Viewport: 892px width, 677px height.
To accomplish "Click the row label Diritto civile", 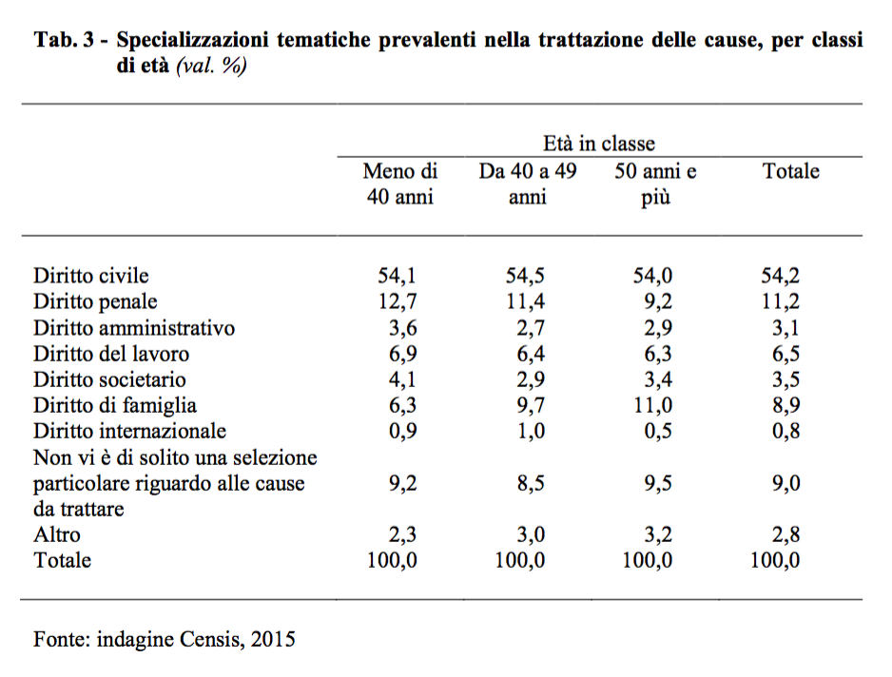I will coord(91,277).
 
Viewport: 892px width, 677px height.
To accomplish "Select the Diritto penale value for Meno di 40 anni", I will coord(398,302).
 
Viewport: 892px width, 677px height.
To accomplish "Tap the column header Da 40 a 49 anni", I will coord(527,184).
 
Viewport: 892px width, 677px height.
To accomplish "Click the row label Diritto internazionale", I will coord(130,431).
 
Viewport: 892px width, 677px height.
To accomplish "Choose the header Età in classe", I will coord(599,144).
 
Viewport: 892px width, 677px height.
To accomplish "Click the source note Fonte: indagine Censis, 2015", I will coord(165,639).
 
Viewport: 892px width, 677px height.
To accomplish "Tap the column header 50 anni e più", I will coord(655,184).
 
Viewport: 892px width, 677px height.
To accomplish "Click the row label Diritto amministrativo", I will coord(134,328).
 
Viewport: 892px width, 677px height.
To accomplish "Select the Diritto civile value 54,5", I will coord(525,277).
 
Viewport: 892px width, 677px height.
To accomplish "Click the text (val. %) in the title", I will coord(211,68).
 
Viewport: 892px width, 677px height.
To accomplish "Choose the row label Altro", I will coord(57,534).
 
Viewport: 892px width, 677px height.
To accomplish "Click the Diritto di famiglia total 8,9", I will coord(785,405).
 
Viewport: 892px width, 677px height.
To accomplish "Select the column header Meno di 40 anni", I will coord(400,184).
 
